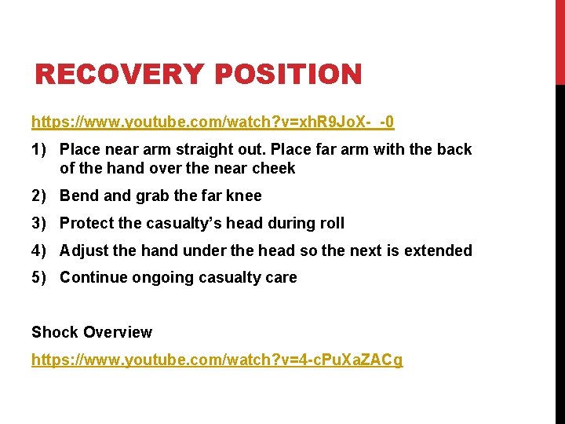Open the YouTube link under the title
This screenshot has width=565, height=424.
pos(213,122)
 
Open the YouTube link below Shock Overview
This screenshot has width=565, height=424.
pos(217,360)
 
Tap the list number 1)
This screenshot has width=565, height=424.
pos(41,149)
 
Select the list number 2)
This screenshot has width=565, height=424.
pos(41,196)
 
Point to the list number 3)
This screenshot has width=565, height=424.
pos(41,223)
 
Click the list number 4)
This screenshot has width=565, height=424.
pos(41,250)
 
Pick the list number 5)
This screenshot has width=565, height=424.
pos(41,277)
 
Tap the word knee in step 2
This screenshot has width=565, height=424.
pos(244,196)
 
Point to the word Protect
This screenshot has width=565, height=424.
pos(87,223)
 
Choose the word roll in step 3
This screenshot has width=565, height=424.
pos(330,223)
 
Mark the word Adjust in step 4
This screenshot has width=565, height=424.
pos(84,250)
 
